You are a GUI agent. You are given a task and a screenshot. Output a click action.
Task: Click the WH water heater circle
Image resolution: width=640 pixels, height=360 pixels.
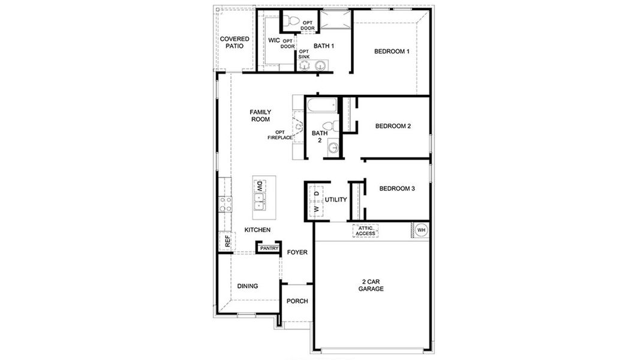[x=420, y=230]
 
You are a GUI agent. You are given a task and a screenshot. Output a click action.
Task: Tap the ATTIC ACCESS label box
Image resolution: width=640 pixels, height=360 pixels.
[x=365, y=231]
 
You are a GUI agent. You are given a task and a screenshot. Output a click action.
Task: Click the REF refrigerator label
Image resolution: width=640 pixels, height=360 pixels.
[x=227, y=241]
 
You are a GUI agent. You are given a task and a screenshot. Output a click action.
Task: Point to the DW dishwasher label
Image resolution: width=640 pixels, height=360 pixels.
[x=260, y=187]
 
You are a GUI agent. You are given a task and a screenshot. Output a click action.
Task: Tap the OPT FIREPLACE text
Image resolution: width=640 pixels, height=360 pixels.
[x=280, y=135]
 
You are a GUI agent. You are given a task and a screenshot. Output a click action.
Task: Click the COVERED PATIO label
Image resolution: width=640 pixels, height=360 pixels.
[x=235, y=43]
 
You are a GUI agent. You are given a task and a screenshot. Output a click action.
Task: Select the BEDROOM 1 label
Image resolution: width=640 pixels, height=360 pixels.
[x=392, y=52]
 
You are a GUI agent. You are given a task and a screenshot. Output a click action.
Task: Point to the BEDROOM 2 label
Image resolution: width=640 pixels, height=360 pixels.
[x=393, y=126]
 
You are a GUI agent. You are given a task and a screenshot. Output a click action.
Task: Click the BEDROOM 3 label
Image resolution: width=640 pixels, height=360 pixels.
[x=397, y=188]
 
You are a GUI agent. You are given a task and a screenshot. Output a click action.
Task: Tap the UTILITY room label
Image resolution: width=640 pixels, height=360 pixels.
[x=336, y=200]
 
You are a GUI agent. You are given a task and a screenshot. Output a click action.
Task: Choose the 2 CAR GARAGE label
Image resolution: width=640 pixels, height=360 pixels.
[x=372, y=285]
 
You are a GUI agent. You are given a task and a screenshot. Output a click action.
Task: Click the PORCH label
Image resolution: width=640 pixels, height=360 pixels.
[x=297, y=301]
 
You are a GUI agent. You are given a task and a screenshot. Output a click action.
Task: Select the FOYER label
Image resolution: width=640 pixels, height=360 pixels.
[x=297, y=253]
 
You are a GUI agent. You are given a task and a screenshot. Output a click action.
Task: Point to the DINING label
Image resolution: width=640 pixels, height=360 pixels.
[x=247, y=286]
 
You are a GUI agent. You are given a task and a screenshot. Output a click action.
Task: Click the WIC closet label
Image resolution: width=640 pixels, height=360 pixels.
[x=274, y=41]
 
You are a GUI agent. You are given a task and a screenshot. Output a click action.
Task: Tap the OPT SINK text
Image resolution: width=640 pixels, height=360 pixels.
[x=304, y=54]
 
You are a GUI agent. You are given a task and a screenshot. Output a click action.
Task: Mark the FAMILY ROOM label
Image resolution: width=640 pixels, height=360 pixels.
[x=260, y=116]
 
